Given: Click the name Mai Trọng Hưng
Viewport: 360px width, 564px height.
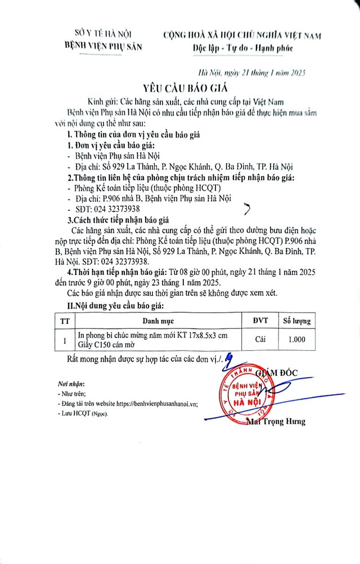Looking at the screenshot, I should (x=275, y=421).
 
